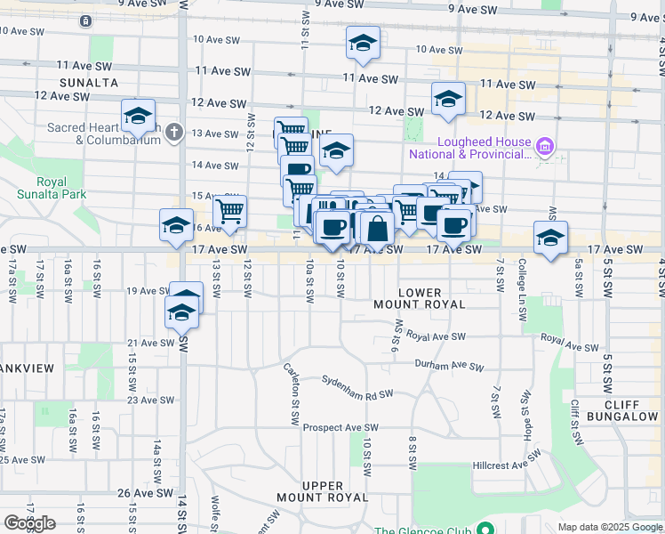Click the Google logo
pyautogui.click(x=29, y=523)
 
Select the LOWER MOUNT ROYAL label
pyautogui.click(x=432, y=298)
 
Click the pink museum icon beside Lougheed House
pyautogui.click(x=547, y=145)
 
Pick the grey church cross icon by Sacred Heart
pyautogui.click(x=174, y=133)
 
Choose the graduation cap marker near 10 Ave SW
pyautogui.click(x=362, y=44)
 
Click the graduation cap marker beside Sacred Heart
pyautogui.click(x=138, y=116)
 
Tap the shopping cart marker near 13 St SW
pyautogui.click(x=229, y=211)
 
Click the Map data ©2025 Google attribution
pyautogui.click(x=609, y=527)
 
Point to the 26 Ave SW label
pyautogui.click(x=137, y=492)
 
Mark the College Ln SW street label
pyautogui.click(x=522, y=276)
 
